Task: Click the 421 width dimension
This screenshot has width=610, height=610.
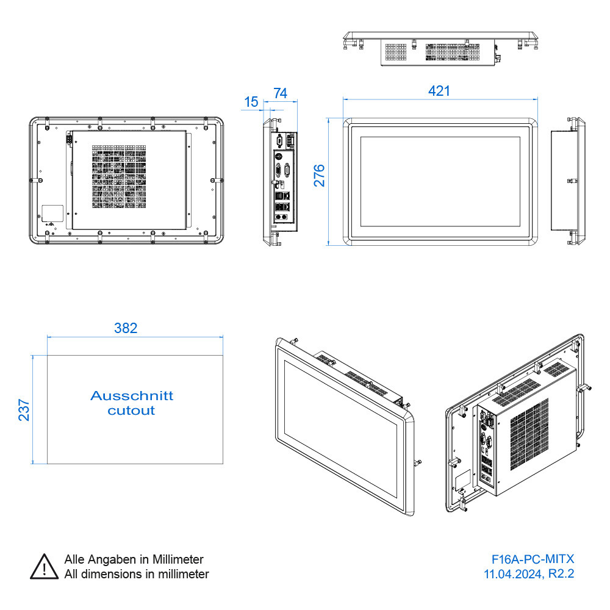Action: (x=439, y=91)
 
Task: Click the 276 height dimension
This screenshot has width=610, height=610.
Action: (x=319, y=175)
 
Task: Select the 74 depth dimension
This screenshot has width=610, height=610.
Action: (x=280, y=93)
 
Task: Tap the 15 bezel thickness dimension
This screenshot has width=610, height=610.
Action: (x=251, y=102)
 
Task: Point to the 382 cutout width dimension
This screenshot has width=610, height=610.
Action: (x=126, y=328)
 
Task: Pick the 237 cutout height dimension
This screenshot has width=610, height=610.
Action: (x=24, y=410)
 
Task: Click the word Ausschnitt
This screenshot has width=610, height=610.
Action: (x=132, y=395)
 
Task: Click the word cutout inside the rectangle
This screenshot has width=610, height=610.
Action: (x=131, y=411)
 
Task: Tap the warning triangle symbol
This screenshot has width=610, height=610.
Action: (x=43, y=567)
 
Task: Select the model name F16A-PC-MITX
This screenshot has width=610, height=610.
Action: (x=533, y=559)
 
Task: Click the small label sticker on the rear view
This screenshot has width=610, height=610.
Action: (x=52, y=213)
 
